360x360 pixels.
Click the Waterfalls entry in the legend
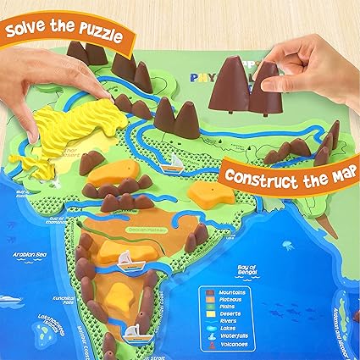(x=233, y=336)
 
